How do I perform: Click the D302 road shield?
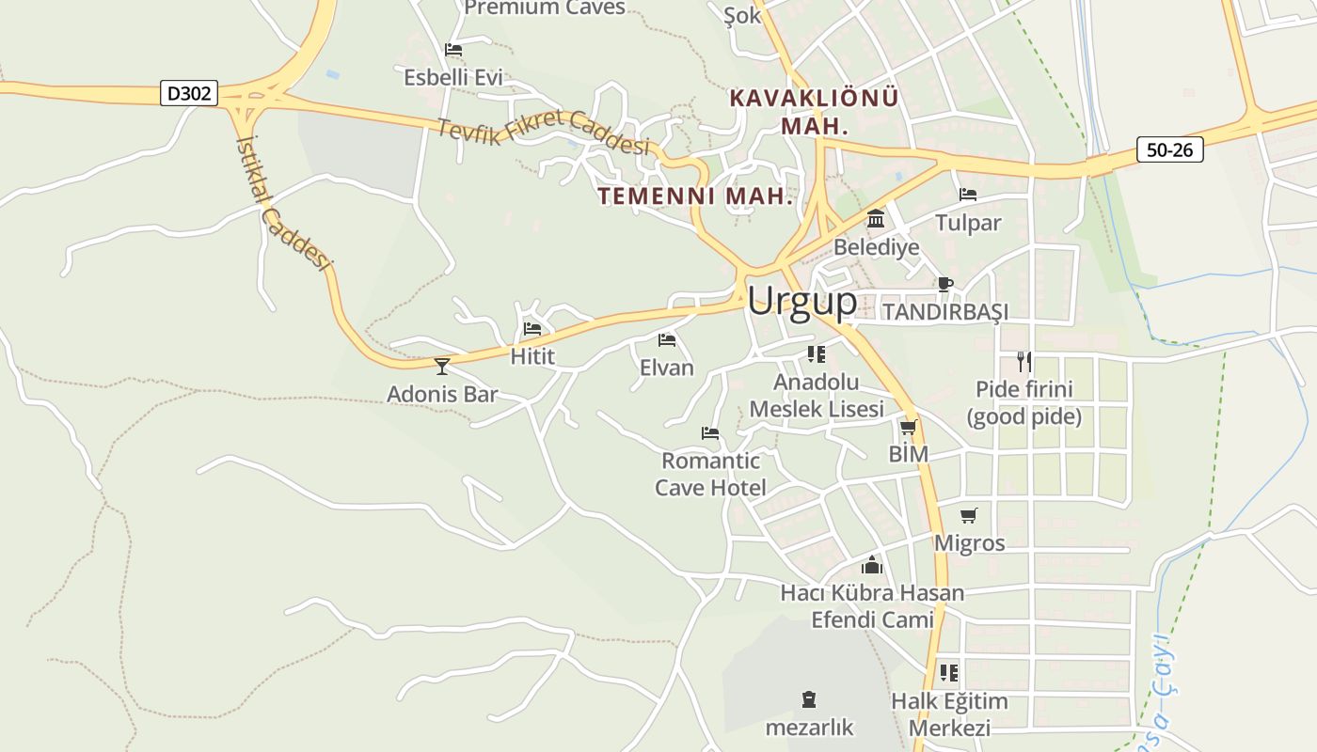coord(190,93)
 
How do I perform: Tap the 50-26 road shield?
coord(1169,149)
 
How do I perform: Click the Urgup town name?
coord(802,301)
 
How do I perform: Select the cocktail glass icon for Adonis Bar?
coord(442,366)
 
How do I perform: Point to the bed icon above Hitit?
coord(532,329)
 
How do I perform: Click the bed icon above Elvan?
coord(667,339)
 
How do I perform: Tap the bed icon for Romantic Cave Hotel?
coord(710,433)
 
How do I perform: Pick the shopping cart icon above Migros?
coord(969,515)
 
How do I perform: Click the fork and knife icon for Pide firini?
coord(1024,361)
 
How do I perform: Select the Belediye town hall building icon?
coord(876,219)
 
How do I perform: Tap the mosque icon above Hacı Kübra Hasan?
coord(872,565)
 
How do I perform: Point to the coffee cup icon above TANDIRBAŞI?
coord(945,284)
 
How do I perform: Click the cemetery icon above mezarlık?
coord(809,699)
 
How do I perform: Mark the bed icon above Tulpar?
coord(968,195)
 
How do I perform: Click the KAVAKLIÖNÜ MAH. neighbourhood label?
coord(815,111)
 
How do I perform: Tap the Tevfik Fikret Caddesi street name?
coord(544,133)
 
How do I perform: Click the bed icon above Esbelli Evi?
coord(453,50)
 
